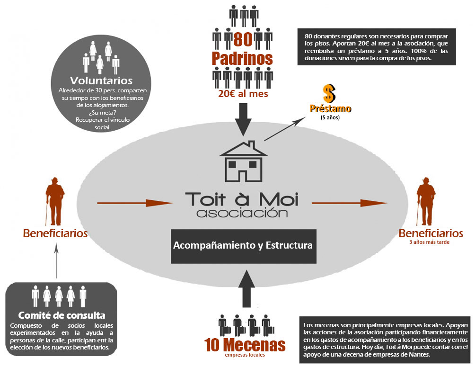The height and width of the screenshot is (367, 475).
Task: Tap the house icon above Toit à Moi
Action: click(244, 162)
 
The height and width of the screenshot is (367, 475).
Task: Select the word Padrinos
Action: click(242, 58)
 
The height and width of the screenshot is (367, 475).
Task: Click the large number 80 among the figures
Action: click(242, 39)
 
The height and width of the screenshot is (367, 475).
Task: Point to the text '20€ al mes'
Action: click(243, 94)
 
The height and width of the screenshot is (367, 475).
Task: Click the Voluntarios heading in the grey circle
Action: click(101, 80)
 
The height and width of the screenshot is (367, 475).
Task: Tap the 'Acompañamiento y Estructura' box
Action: click(243, 246)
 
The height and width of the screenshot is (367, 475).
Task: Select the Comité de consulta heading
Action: click(62, 315)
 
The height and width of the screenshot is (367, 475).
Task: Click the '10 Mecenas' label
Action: click(245, 344)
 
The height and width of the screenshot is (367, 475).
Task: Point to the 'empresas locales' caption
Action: click(245, 355)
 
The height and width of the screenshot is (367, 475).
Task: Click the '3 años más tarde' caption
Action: click(430, 242)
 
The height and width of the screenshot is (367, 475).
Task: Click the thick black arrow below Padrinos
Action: click(243, 120)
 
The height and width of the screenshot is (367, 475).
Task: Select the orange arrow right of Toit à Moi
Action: click(350, 203)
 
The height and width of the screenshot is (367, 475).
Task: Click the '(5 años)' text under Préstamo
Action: click(330, 117)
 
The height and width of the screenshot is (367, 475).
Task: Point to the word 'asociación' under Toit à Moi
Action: click(242, 213)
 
